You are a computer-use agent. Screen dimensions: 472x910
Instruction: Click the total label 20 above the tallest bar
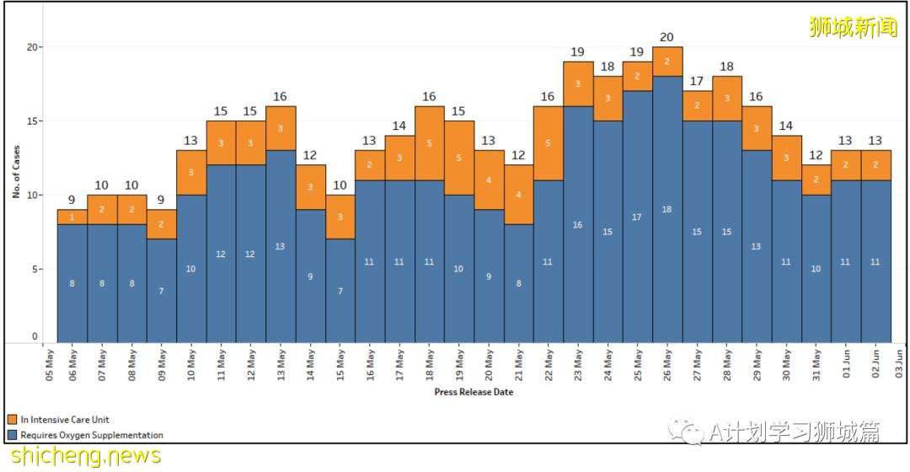(666, 37)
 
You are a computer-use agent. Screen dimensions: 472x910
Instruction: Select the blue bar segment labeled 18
(666, 209)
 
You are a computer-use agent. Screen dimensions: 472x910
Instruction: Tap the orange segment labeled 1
(72, 217)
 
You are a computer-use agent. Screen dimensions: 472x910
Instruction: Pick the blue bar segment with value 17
(637, 217)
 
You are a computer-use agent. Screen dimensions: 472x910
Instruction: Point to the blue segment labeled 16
(577, 225)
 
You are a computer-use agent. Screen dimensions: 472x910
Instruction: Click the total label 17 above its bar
(697, 82)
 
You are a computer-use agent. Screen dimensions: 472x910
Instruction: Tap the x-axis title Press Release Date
(474, 392)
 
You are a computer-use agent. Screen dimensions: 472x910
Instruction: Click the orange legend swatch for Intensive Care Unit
(13, 420)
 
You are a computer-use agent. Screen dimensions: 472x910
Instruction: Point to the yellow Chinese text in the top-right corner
(853, 27)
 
